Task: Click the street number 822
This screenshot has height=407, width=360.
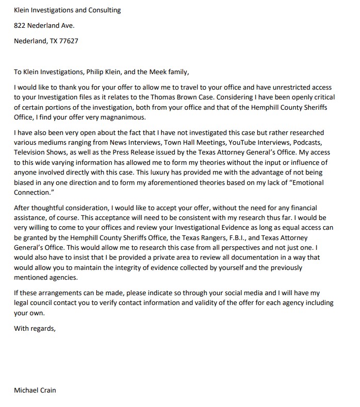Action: tap(20, 25)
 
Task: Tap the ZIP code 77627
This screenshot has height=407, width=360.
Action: tap(68, 41)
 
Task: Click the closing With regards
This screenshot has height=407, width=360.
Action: tap(36, 327)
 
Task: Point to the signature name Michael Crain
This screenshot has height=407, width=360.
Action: tap(35, 390)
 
